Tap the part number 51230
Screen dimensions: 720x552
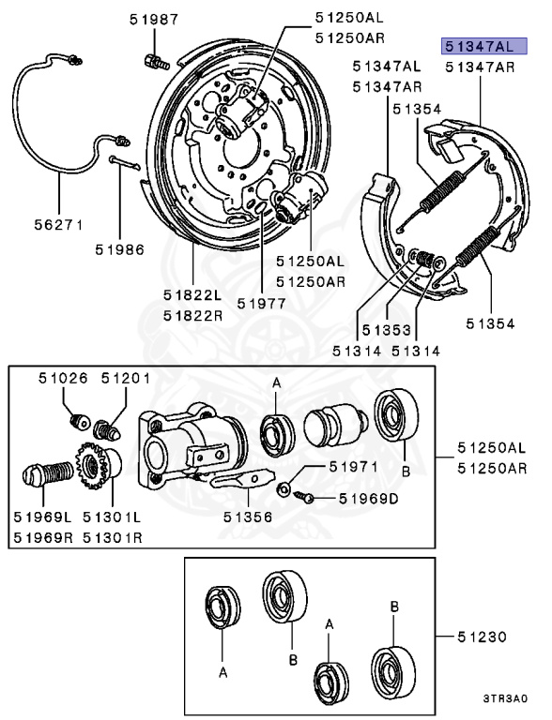(x=483, y=637)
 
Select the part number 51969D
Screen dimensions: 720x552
(x=357, y=498)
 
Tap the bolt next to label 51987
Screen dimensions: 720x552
(x=155, y=64)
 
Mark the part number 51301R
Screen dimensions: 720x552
(x=113, y=536)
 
